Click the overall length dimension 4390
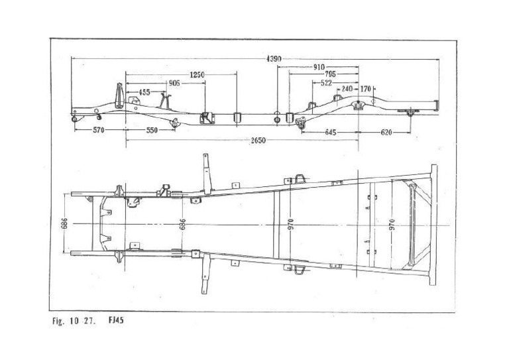[x=274, y=59]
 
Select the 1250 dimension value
[x=197, y=75]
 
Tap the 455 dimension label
[x=144, y=92]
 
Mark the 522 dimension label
[x=326, y=83]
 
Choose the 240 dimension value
[x=347, y=88]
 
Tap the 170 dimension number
[x=367, y=88]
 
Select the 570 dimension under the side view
[x=99, y=131]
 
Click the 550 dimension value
[x=152, y=131]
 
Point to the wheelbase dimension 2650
[x=259, y=141]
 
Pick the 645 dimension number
[x=331, y=132]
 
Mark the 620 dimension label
[x=386, y=132]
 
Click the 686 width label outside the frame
[x=64, y=223]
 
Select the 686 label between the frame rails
[x=183, y=224]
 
